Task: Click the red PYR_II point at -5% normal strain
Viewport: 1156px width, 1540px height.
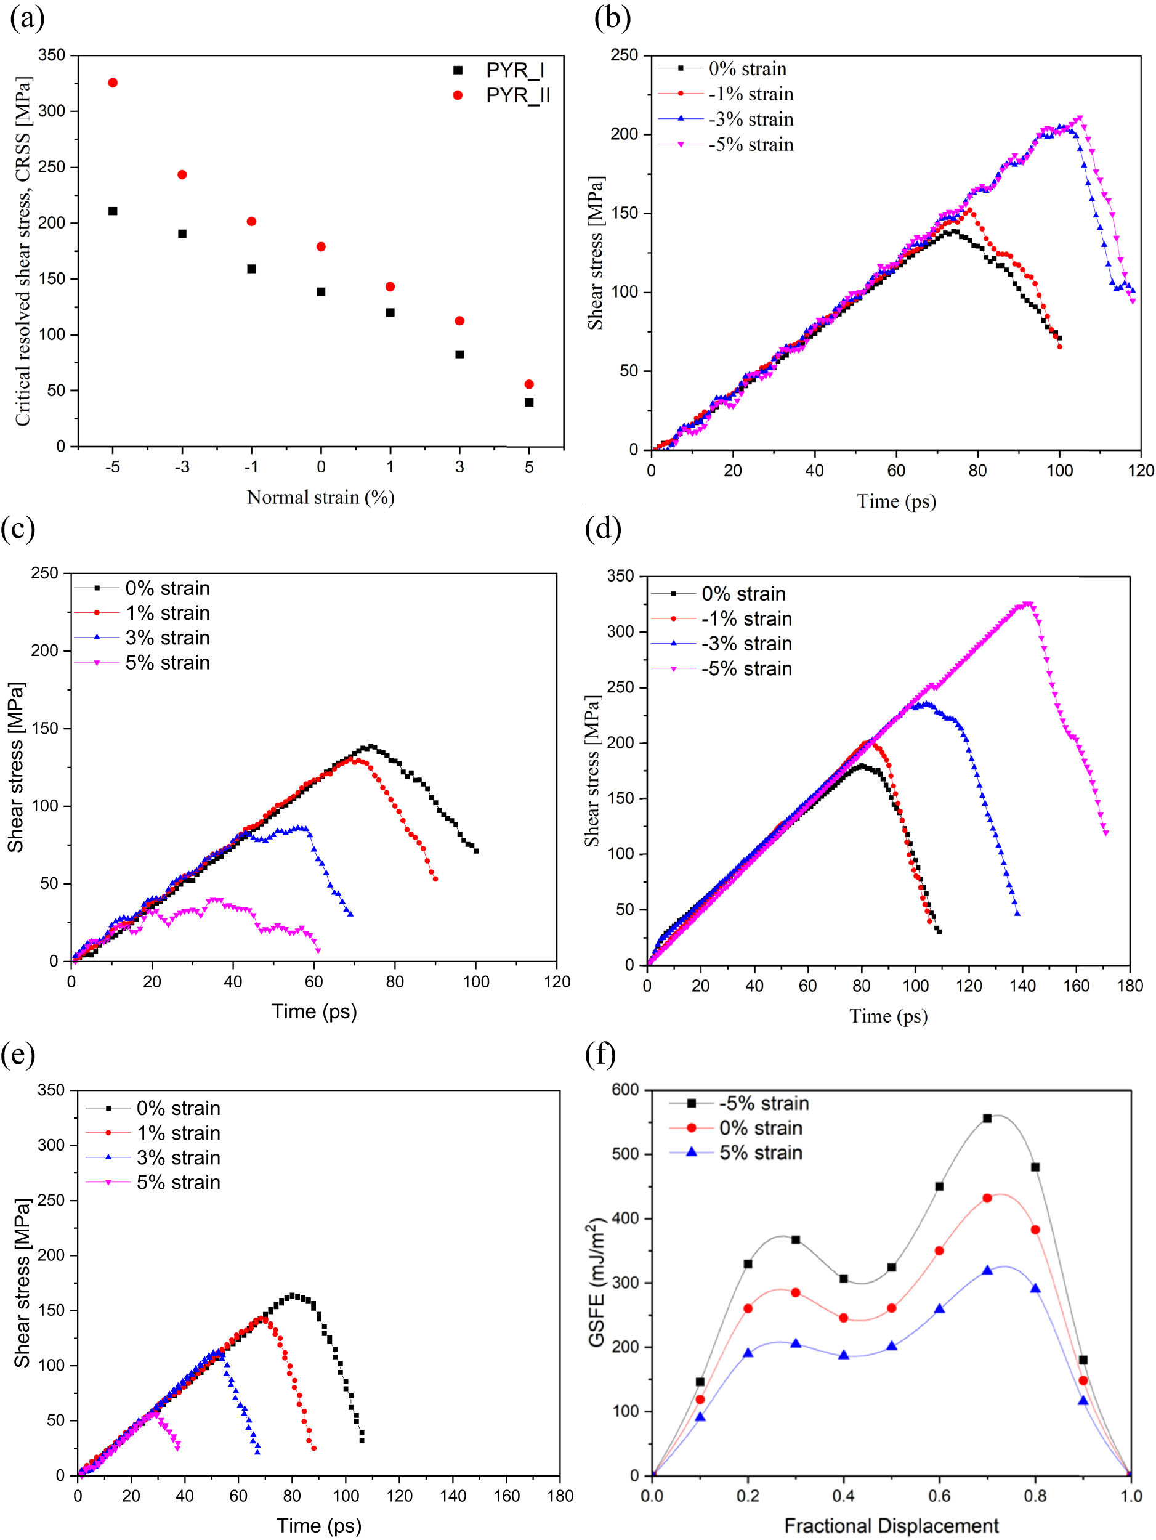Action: (113, 83)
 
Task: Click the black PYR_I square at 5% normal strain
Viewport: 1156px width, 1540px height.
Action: (529, 402)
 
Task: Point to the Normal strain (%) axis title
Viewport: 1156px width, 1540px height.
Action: (320, 497)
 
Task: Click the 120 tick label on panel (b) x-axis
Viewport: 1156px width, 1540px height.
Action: (1141, 471)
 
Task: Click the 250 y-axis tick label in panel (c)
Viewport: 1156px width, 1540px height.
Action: (44, 573)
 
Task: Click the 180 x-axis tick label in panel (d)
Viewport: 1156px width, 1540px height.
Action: (1130, 986)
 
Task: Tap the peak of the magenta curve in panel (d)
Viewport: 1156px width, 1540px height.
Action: (1027, 604)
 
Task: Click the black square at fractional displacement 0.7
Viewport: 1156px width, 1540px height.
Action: (987, 1118)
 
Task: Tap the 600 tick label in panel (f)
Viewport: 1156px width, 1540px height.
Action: (625, 1090)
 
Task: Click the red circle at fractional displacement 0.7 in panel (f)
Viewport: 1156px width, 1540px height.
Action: (987, 1198)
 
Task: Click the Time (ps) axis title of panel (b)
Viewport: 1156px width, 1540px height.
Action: (895, 501)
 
